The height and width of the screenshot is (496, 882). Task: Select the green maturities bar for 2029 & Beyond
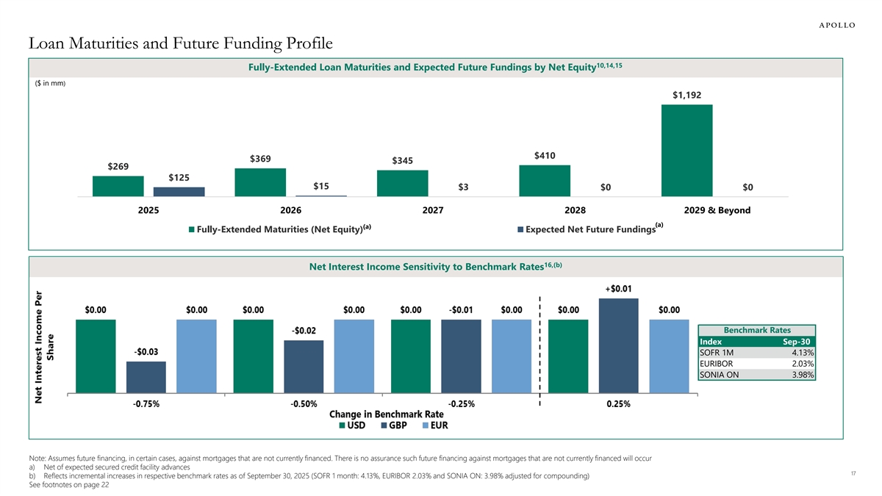(686, 151)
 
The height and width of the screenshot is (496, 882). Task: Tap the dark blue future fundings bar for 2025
(179, 192)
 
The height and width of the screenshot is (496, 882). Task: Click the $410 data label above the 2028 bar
(545, 155)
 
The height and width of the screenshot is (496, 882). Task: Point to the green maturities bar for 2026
(260, 182)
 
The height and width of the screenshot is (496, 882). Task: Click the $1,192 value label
(686, 95)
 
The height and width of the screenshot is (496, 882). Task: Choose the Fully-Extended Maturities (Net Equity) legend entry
(278, 229)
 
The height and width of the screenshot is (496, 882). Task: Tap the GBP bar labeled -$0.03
(146, 378)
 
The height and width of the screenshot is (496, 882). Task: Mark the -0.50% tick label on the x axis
(304, 404)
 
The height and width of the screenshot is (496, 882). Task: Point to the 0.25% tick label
(618, 404)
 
